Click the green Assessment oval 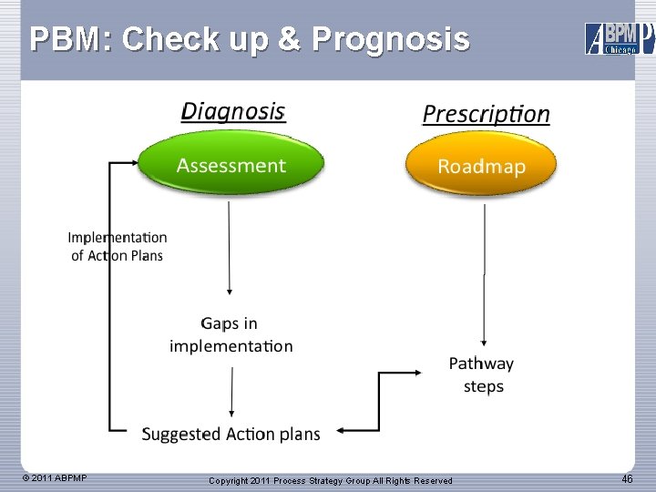pyautogui.click(x=231, y=165)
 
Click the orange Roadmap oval pyautogui.click(x=480, y=166)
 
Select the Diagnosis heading pyautogui.click(x=233, y=111)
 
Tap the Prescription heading pyautogui.click(x=486, y=114)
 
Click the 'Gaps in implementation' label pyautogui.click(x=231, y=334)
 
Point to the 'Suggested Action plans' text pyautogui.click(x=231, y=434)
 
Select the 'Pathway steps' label pyautogui.click(x=482, y=374)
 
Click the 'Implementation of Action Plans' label pyautogui.click(x=118, y=246)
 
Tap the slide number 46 pyautogui.click(x=627, y=479)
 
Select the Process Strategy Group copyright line pyautogui.click(x=330, y=480)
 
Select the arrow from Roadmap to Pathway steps pyautogui.click(x=484, y=273)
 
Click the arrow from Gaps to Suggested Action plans pyautogui.click(x=231, y=392)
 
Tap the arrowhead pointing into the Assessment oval pyautogui.click(x=132, y=163)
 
